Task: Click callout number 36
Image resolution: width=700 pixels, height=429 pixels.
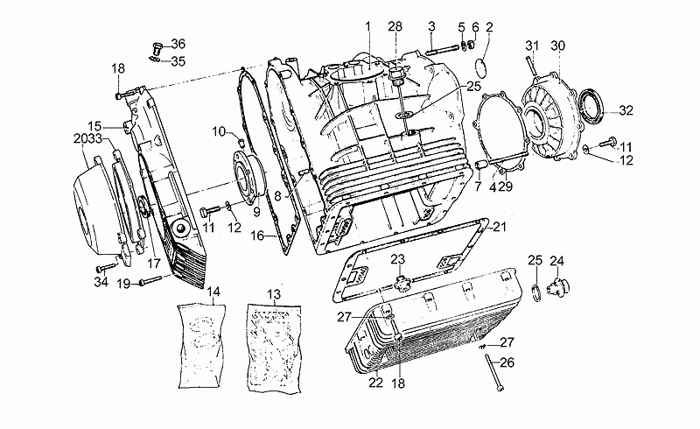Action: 178,44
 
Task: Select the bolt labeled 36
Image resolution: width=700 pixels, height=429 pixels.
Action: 157,48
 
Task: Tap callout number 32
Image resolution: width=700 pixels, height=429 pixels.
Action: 626,110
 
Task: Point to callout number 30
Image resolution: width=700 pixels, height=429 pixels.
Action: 557,46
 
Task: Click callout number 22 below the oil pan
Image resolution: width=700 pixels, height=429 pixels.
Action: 376,383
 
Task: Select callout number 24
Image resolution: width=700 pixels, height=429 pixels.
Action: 556,261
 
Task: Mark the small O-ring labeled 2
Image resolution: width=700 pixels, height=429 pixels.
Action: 480,68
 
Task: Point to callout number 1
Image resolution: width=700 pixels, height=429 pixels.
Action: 367,27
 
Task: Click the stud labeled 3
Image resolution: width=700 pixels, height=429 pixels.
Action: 443,49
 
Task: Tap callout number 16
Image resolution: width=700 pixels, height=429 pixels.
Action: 257,235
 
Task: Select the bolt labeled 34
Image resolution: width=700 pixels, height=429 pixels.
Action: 106,268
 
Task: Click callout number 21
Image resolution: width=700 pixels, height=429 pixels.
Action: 499,227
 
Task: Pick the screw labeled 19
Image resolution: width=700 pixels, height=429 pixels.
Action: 150,281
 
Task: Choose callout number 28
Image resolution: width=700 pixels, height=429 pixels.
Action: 395,26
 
